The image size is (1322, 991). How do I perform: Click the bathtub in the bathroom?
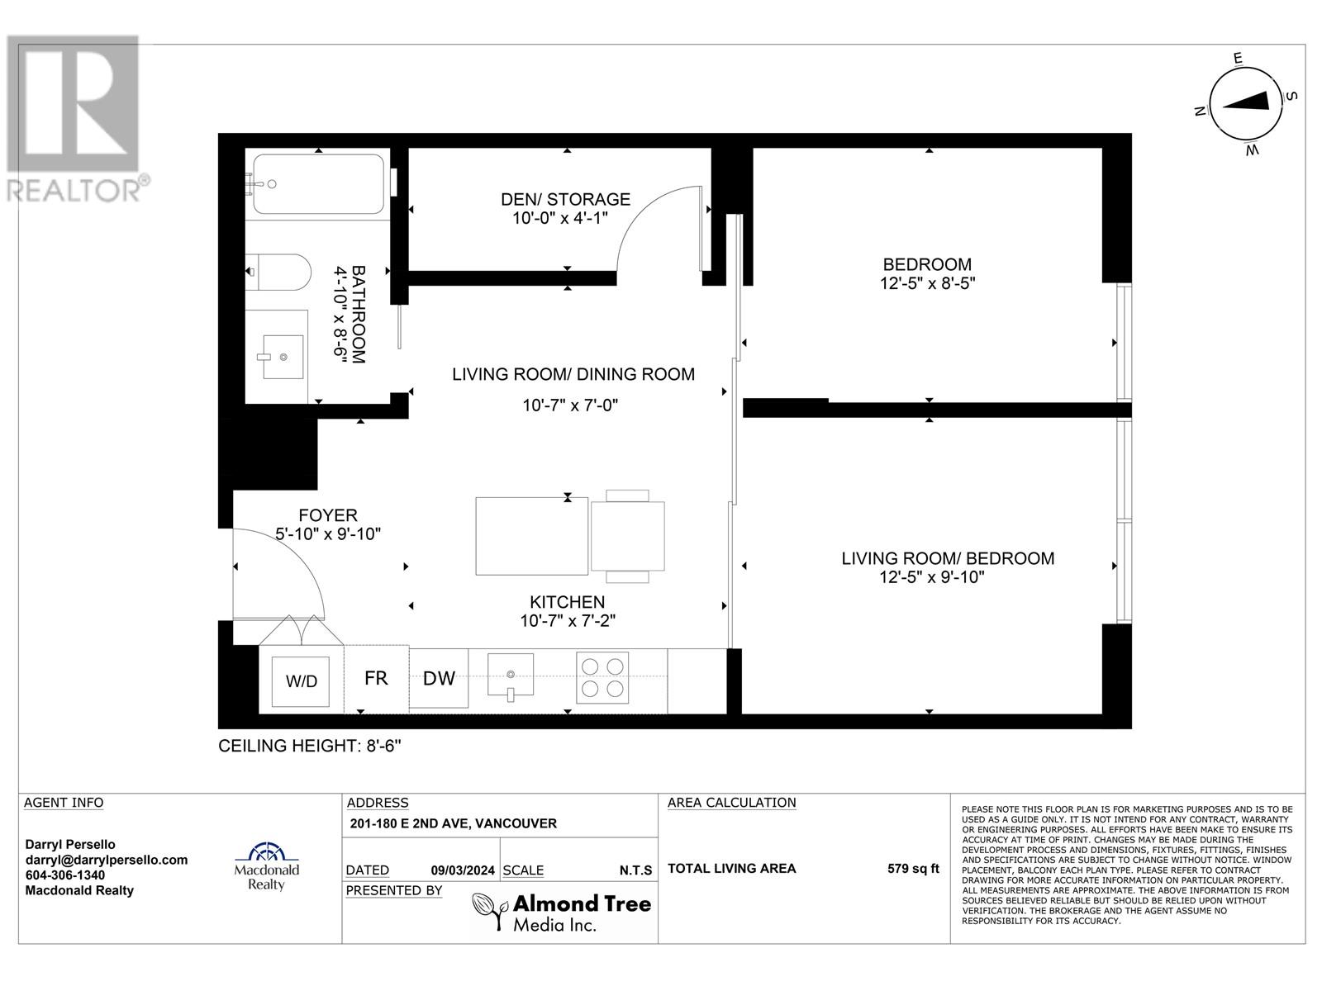pos(318,184)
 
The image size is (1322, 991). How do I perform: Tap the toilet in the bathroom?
pos(281,272)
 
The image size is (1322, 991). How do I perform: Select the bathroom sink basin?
pos(283,357)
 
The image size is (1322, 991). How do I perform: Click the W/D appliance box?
pos(302,681)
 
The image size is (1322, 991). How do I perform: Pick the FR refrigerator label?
pos(376,678)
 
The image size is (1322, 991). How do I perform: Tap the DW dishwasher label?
pos(439,678)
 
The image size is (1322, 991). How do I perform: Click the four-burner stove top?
pos(602,677)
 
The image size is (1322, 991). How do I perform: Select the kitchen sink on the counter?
pos(510,676)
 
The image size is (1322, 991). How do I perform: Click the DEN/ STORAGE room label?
pos(565,199)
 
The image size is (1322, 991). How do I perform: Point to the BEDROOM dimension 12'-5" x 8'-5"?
pos(927,283)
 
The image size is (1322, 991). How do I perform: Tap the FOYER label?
pos(328,515)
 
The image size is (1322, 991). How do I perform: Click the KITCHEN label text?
pos(568,602)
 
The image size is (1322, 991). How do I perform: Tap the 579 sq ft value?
pos(913,868)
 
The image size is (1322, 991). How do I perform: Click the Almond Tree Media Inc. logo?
pos(561,912)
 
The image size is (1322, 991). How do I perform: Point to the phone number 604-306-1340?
pos(65,875)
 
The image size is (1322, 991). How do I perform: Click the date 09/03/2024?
pos(463,870)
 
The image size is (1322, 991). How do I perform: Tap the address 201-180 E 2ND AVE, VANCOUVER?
pos(453,823)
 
